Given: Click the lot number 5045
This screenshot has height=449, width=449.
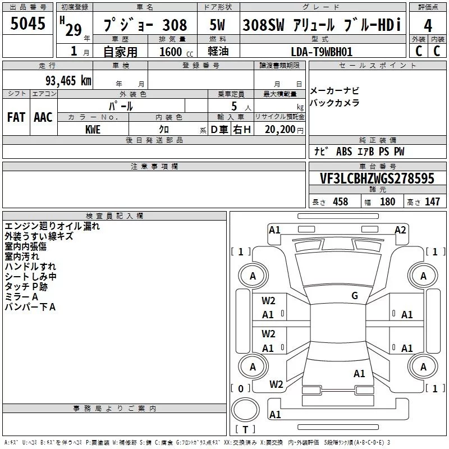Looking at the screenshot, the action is (28, 23).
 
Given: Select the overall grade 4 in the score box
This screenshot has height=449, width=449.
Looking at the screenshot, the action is (428, 25).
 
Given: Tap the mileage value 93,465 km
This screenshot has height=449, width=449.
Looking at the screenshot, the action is (68, 81).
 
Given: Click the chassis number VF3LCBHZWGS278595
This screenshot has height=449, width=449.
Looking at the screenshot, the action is (377, 178).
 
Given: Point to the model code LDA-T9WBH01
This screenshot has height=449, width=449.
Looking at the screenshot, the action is (322, 52).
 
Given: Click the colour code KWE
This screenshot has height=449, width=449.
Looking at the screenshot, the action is (93, 130).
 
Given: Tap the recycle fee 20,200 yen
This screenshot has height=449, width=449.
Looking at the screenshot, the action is (284, 130).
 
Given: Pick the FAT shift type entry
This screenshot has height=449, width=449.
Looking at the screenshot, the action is (16, 117).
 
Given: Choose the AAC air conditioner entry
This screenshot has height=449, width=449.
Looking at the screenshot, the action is (43, 117).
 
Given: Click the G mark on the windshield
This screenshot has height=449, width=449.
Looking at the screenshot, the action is (355, 296).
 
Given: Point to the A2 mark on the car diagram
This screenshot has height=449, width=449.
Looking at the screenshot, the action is (400, 230).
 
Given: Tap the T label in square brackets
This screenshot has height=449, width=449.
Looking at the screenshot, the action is (245, 429).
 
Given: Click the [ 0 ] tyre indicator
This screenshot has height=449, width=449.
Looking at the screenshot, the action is (241, 388).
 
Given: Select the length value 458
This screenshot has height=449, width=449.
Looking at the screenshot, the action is (341, 201).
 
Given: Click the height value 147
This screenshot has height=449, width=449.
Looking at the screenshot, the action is (432, 201).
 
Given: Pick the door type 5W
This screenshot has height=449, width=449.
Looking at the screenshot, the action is (217, 25).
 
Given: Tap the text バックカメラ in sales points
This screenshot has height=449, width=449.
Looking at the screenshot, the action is (335, 103).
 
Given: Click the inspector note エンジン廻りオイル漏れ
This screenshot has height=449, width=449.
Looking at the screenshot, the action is (52, 226).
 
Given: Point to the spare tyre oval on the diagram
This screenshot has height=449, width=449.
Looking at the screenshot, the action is (245, 410).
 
